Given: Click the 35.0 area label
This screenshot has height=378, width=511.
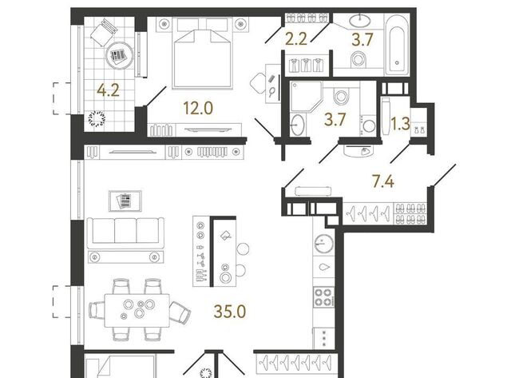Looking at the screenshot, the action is (230, 312).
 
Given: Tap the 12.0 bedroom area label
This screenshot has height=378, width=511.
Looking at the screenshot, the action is (198, 108).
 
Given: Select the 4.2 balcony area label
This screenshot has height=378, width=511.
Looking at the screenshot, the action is (109, 90).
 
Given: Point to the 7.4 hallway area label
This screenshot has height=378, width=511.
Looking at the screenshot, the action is (383, 181).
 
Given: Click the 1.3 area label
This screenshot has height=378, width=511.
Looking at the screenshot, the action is (400, 124).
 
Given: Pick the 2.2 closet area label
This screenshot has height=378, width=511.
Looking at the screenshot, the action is (296, 39).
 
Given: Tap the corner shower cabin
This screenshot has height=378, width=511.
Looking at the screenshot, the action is (305, 95).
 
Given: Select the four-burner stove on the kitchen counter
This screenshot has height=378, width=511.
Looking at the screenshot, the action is (323, 296).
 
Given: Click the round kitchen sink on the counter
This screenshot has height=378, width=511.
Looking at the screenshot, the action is (324, 244).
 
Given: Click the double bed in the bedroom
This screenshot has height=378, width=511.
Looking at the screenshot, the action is (203, 54).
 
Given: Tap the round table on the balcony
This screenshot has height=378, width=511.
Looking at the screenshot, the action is (120, 57).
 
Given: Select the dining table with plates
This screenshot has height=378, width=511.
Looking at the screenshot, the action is (137, 311).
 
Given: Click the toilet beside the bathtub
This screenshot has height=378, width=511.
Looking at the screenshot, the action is (359, 61).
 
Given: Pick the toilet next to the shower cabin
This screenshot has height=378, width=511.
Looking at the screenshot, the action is (341, 95).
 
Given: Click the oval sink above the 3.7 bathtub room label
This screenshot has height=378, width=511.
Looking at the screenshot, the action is (360, 20).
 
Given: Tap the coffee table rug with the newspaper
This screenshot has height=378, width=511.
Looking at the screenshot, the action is (125, 201).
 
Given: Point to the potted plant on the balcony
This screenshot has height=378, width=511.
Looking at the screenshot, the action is (97, 119).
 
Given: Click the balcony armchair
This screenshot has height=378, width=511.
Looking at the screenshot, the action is (104, 32).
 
